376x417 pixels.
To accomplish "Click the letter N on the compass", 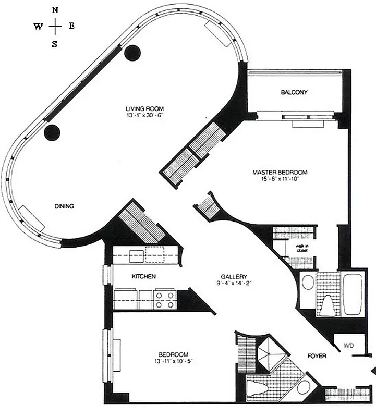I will pos(56,9).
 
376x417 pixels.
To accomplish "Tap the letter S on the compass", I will pos(55,44).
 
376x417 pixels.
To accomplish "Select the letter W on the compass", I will pos(39,27).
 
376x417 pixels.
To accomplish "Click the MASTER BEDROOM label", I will pos(280,173).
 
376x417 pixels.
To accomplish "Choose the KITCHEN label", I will pos(143,276).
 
